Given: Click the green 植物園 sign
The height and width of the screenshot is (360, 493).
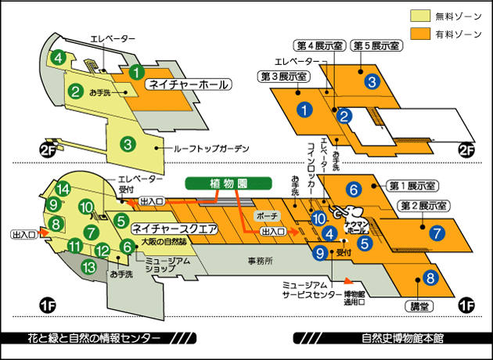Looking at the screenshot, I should click(x=228, y=183).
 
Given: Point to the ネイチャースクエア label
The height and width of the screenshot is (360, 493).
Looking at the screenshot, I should click(x=175, y=229).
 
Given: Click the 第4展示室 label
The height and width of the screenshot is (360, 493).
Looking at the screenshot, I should click(x=318, y=46).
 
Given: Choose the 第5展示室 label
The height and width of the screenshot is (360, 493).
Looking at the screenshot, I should click(x=377, y=46).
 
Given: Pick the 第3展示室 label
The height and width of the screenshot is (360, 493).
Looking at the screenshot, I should click(x=284, y=76).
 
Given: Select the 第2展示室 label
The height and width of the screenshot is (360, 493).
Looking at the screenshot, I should click(x=423, y=206).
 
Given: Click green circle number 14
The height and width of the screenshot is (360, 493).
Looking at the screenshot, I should click(x=63, y=189).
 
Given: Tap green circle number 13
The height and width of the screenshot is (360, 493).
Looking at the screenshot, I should click(x=89, y=268).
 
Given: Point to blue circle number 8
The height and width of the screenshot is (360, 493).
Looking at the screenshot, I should click(x=429, y=276).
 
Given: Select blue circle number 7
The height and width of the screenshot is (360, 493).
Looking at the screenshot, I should click(x=437, y=232).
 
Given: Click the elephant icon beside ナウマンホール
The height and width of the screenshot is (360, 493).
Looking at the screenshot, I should click(x=349, y=214).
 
